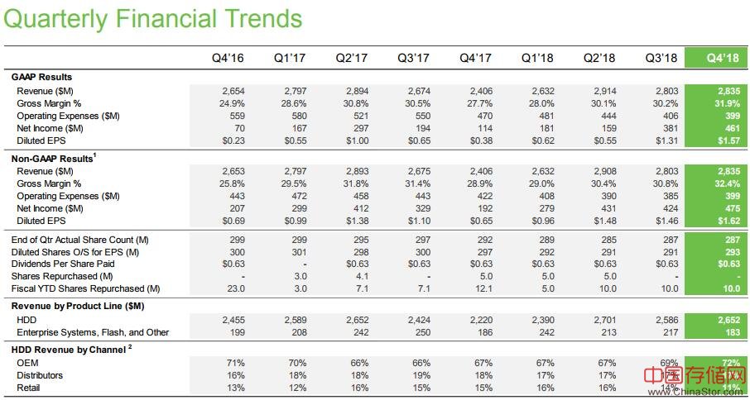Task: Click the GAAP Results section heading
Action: pos(41,77)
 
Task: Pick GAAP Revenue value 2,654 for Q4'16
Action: pos(234,90)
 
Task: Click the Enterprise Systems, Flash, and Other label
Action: pos(93,332)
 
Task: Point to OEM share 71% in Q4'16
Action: pos(238,362)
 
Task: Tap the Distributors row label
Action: pos(40,375)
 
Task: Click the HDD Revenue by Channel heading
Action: pos(69,349)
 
